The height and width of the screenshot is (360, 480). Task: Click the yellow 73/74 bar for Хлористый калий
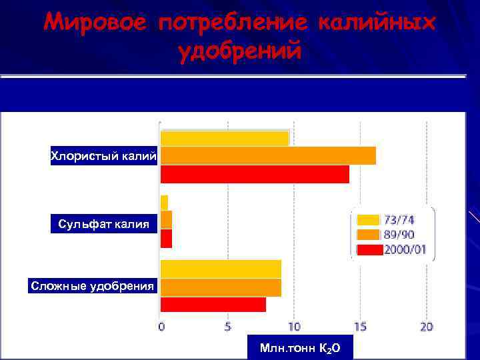point(225,138)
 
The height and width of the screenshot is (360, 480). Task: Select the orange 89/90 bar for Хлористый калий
point(268,155)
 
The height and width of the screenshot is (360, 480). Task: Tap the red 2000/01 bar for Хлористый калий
point(255,174)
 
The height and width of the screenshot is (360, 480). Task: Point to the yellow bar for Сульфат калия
point(164,203)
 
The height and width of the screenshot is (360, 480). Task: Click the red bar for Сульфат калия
point(166,239)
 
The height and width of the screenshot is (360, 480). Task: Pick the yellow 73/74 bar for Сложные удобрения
point(221,269)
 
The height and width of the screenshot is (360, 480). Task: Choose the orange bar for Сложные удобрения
point(221,287)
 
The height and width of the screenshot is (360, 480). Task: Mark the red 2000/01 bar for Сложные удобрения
point(213,305)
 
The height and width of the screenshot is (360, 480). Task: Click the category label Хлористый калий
point(104,157)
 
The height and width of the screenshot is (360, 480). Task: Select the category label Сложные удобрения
point(93,287)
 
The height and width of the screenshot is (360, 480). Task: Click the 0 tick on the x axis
point(161,327)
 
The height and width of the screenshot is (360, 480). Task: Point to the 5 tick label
point(228,327)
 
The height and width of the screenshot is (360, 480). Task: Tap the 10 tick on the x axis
point(294,327)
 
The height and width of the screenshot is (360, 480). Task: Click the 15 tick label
point(360,327)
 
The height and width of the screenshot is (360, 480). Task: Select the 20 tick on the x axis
point(427,327)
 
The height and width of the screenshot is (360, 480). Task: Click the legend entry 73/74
point(399,220)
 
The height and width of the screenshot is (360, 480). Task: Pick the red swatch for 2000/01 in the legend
point(369,250)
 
